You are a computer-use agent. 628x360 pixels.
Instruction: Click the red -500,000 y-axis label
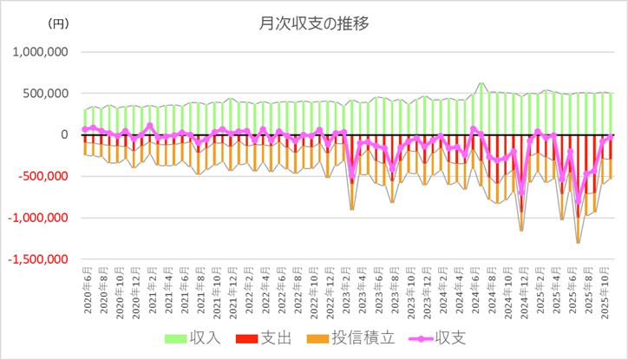(x=42, y=176)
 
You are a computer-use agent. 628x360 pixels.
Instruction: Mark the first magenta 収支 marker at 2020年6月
(x=85, y=129)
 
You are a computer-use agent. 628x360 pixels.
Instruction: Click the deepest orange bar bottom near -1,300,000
(x=579, y=242)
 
